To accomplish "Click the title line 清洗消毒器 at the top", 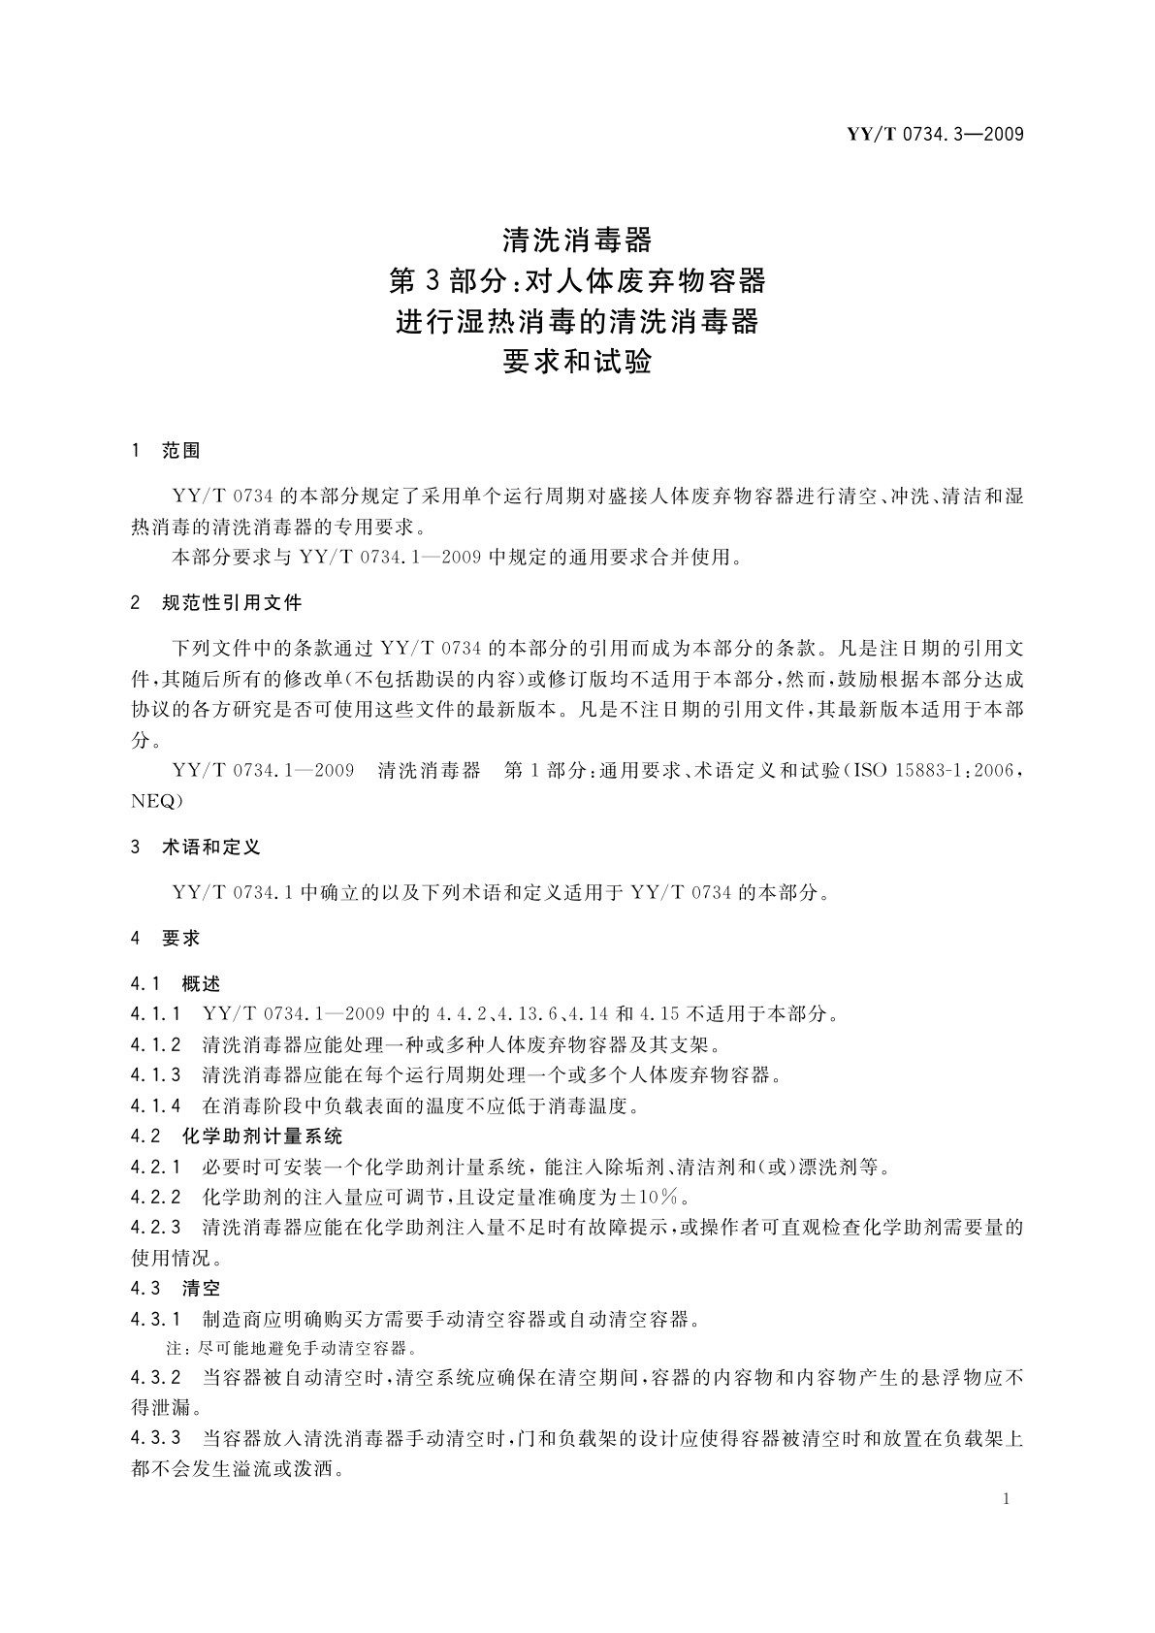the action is pyautogui.click(x=577, y=239).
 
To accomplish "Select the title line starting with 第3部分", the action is pyautogui.click(x=577, y=280).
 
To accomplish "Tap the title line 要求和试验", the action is pyautogui.click(x=577, y=362).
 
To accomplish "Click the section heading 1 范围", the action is pyautogui.click(x=165, y=451).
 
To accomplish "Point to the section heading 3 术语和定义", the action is pyautogui.click(x=196, y=848).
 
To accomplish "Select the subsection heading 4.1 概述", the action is pyautogui.click(x=176, y=984).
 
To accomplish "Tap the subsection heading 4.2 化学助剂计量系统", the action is pyautogui.click(x=237, y=1136).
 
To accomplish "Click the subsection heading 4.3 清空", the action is pyautogui.click(x=176, y=1289).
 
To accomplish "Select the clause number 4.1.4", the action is pyautogui.click(x=156, y=1105).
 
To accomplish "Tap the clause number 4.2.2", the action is pyautogui.click(x=156, y=1197).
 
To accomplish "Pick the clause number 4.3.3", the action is pyautogui.click(x=156, y=1438).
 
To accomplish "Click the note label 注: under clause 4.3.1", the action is pyautogui.click(x=180, y=1349).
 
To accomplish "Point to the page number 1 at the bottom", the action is pyautogui.click(x=1006, y=1499).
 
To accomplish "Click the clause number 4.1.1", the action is pyautogui.click(x=156, y=1014).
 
